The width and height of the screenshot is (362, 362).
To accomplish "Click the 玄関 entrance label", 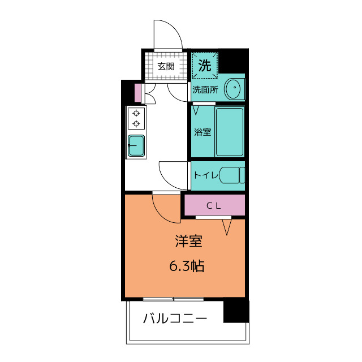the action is (x=166, y=67).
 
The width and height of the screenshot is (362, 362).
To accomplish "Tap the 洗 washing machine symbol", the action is (x=205, y=66).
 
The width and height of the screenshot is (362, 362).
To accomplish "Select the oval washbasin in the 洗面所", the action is (x=233, y=89).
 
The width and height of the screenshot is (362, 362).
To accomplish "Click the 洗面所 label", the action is (x=205, y=90).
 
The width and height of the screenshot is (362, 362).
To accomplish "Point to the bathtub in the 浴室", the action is (x=230, y=132).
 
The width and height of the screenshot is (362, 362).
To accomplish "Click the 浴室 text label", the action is (x=202, y=132).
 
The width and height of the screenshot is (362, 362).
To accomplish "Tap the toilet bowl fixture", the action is (x=232, y=175).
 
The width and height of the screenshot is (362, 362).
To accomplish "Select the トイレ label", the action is (x=206, y=175).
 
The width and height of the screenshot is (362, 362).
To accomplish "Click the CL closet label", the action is (x=214, y=206).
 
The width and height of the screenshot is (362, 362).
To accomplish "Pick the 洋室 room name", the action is (x=188, y=242).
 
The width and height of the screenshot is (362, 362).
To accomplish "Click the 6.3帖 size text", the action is (x=187, y=266).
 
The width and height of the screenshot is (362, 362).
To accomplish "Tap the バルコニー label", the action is (x=175, y=318).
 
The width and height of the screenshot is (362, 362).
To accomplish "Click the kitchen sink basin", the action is (x=136, y=145).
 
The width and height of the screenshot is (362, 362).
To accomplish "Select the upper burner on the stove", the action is (x=136, y=113).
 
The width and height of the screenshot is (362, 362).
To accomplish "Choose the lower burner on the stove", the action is (x=136, y=124).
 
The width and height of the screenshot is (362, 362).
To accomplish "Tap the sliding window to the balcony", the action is (x=174, y=299).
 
